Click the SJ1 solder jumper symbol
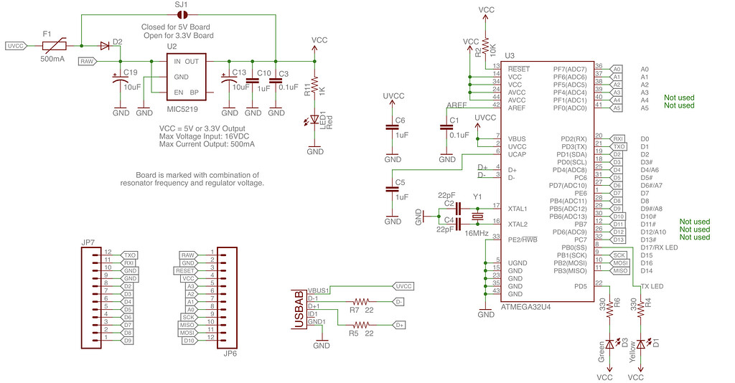coord(182,14)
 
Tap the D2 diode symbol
coord(106,46)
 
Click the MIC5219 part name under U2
coord(182,109)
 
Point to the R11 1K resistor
coord(314,85)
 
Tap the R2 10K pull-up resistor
coord(486,47)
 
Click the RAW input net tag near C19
coord(88,62)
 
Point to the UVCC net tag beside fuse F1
coord(16,46)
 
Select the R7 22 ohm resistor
coord(362,301)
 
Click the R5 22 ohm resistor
coord(362,325)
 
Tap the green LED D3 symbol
coord(611,344)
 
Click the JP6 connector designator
coord(230,354)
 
